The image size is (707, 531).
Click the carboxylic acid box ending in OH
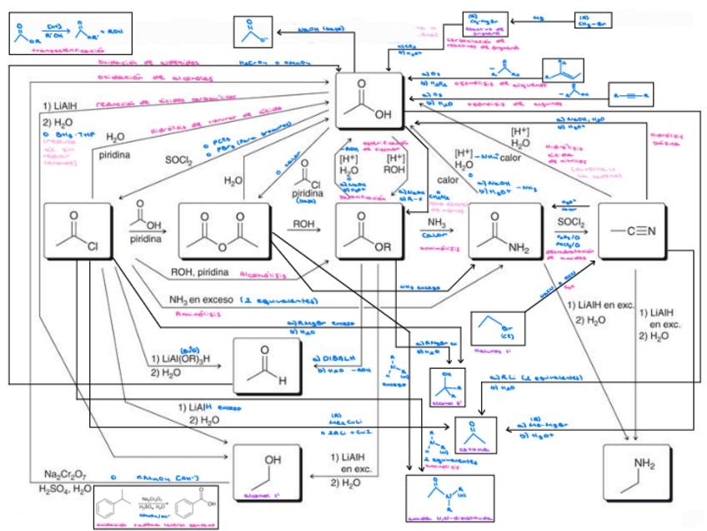coord(369,100)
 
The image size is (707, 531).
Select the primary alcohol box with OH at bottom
coord(268,472)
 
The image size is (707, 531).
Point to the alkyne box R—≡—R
coord(630,94)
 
